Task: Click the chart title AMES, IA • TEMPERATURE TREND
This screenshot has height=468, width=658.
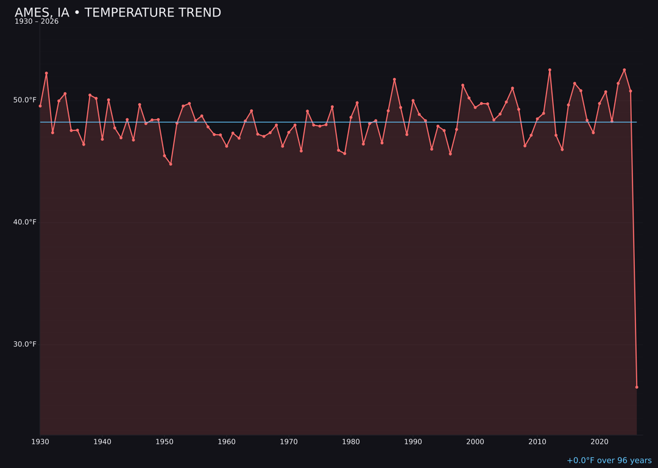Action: click(x=118, y=13)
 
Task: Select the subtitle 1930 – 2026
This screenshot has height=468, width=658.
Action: click(x=37, y=22)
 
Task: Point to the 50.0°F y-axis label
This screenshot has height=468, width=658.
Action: click(x=25, y=100)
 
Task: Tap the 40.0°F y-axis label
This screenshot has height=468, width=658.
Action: click(x=25, y=222)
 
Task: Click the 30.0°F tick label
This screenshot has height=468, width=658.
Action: click(x=25, y=344)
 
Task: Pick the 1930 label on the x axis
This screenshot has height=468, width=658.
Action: click(x=40, y=442)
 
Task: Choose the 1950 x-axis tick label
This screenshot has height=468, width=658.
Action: click(x=164, y=442)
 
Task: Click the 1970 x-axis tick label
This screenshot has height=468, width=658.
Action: click(x=289, y=442)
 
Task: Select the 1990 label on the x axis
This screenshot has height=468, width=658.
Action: click(x=413, y=442)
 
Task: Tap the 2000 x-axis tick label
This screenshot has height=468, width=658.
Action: click(x=475, y=442)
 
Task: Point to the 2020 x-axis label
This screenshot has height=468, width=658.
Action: click(x=600, y=442)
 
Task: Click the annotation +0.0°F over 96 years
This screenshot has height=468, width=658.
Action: click(x=609, y=461)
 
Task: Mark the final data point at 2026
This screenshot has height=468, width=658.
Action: click(x=637, y=387)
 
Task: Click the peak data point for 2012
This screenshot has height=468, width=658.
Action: click(x=550, y=70)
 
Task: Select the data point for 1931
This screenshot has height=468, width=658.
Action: click(x=46, y=73)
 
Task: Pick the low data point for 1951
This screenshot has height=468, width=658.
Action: click(x=171, y=164)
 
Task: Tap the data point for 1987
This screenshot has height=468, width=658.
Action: click(x=394, y=79)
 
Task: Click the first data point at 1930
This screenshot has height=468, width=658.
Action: click(x=40, y=106)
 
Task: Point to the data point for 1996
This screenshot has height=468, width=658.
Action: click(x=450, y=154)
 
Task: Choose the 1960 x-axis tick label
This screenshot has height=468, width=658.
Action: click(x=227, y=442)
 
